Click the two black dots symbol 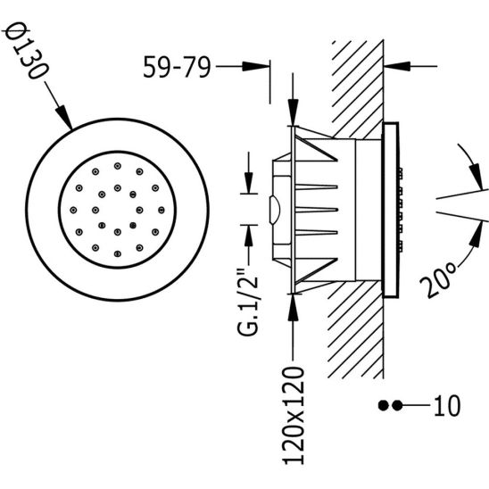coord(389,406)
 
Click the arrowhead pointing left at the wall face coord(391,66)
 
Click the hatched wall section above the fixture coord(357,80)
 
